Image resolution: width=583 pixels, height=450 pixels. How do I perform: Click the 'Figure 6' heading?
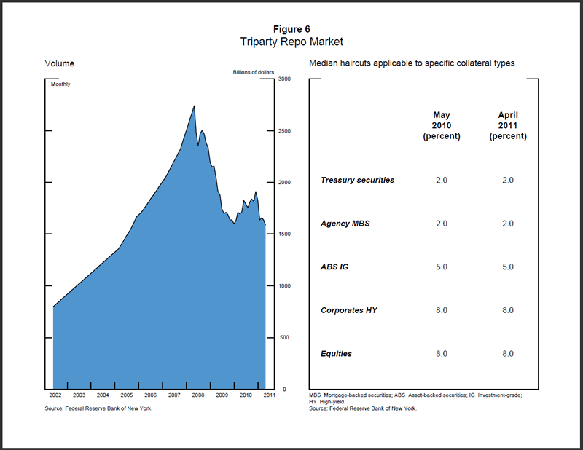pyautogui.click(x=291, y=29)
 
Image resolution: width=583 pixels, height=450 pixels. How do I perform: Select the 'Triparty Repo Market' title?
pyautogui.click(x=291, y=42)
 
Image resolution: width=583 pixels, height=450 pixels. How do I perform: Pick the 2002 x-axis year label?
pyautogui.click(x=55, y=395)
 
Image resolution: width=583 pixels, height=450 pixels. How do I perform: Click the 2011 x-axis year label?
pyautogui.click(x=269, y=395)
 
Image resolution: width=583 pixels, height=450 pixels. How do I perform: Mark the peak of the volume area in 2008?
pyautogui.click(x=194, y=106)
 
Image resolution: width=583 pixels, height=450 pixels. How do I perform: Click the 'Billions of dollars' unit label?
pyautogui.click(x=252, y=72)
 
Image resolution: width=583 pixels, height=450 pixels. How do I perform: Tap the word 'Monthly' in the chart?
pyautogui.click(x=60, y=84)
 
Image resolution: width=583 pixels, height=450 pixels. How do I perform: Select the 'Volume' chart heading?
pyautogui.click(x=60, y=63)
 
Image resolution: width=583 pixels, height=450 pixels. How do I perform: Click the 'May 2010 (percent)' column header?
pyautogui.click(x=442, y=125)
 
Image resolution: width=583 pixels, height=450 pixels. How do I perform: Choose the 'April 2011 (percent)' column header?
pyautogui.click(x=508, y=125)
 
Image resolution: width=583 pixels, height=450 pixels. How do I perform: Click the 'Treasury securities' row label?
pyautogui.click(x=357, y=180)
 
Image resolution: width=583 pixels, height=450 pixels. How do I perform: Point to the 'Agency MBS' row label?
pyautogui.click(x=345, y=224)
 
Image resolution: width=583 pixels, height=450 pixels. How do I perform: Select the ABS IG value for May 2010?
pyautogui.click(x=442, y=267)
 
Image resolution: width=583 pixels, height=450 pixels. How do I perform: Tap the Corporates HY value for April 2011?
pyautogui.click(x=507, y=310)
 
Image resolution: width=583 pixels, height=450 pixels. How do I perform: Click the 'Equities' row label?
pyautogui.click(x=336, y=354)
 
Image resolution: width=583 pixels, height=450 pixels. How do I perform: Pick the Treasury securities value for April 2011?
pyautogui.click(x=507, y=180)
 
